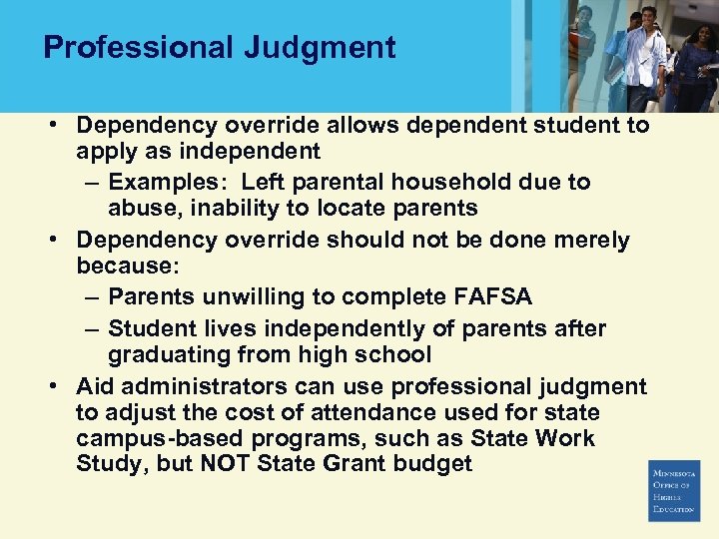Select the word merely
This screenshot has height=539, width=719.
[591, 241]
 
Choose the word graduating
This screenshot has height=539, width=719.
[170, 355]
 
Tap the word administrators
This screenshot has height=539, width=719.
[213, 386]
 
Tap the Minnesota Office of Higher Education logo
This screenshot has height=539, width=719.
[673, 490]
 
